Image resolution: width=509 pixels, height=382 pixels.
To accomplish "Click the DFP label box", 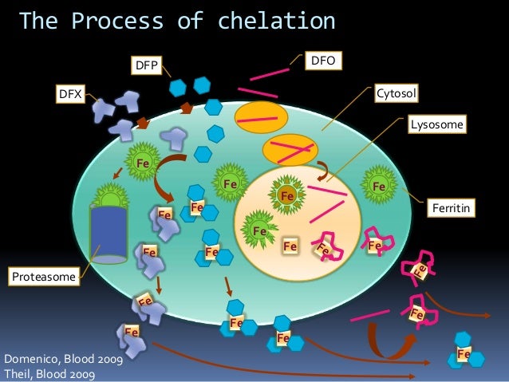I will click(147, 65).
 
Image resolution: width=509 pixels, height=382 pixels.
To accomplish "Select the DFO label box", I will click(323, 59).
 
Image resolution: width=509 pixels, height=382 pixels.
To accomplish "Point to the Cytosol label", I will click(397, 95).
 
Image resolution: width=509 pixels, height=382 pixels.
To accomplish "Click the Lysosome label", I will click(436, 124).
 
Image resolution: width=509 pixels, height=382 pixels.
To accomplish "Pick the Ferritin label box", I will click(452, 209).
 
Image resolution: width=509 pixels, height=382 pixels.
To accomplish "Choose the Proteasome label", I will click(43, 277).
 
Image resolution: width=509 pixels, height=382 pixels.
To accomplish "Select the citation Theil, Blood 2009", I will click(48, 373).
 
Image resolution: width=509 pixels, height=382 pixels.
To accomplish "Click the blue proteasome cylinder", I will click(109, 233).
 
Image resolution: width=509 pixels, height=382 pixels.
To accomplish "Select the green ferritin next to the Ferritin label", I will click(381, 186).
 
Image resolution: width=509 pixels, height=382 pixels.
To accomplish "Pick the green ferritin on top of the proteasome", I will click(110, 195).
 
